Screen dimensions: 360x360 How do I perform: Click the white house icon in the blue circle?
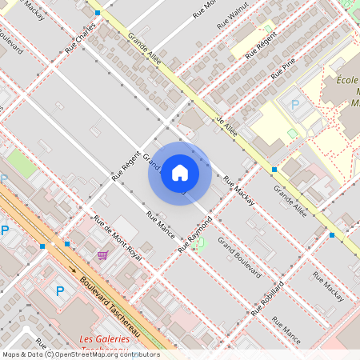click(x=180, y=173)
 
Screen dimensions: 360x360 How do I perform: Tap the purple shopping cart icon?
click(x=102, y=255)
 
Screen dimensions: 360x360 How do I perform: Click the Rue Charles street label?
click(x=80, y=38)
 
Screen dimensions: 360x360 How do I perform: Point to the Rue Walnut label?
click(x=238, y=14)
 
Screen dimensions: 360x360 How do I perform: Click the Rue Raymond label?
click(x=194, y=234)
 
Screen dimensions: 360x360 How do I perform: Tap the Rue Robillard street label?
click(x=267, y=298)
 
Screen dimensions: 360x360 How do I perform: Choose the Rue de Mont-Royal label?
click(x=118, y=239)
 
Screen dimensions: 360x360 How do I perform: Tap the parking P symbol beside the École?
click(x=294, y=105)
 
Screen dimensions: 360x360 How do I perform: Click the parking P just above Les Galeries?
click(x=59, y=292)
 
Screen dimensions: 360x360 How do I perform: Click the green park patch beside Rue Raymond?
click(x=198, y=242)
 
